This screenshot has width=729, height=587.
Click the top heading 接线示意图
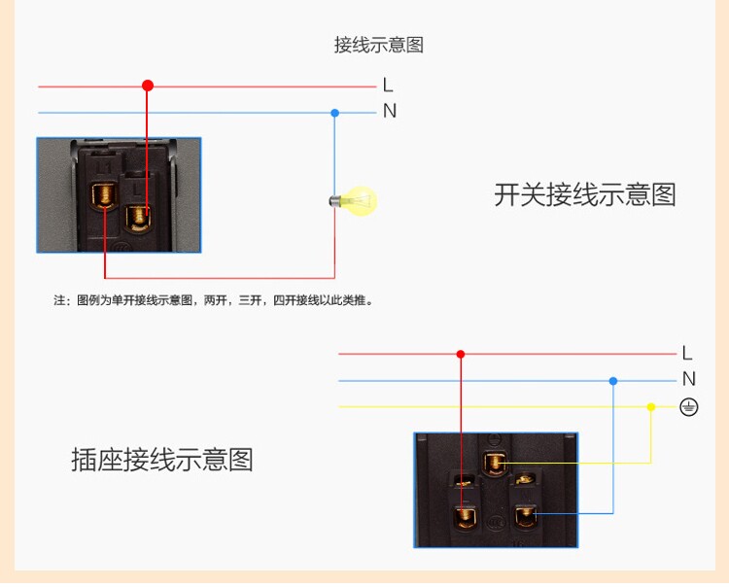click(378, 46)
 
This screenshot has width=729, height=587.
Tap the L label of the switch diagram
click(389, 86)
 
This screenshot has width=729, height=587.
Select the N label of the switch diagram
click(390, 112)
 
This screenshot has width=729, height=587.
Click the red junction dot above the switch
click(148, 86)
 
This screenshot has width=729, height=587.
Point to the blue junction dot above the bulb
click(334, 113)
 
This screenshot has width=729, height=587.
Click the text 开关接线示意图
click(584, 194)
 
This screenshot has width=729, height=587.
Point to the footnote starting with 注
click(213, 300)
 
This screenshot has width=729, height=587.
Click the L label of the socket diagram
click(687, 353)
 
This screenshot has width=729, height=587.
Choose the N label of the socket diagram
click(688, 379)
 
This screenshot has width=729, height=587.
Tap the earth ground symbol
click(688, 407)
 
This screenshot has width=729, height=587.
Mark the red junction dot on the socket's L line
click(461, 355)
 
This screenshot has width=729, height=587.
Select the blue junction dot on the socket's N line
click(612, 381)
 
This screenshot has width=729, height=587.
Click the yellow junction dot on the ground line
click(650, 407)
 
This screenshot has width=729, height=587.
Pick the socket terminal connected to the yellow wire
click(497, 464)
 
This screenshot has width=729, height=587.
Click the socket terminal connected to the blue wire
click(527, 514)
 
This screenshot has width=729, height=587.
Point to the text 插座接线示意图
click(161, 460)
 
